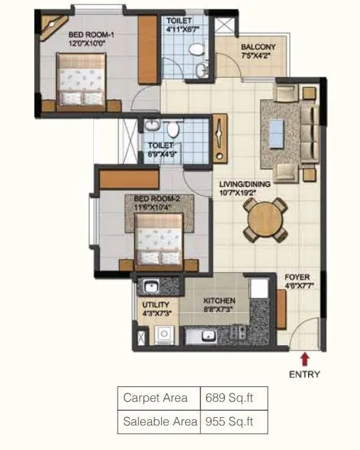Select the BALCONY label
258,47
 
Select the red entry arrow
305,359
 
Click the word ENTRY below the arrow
305,374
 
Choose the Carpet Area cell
155,398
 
